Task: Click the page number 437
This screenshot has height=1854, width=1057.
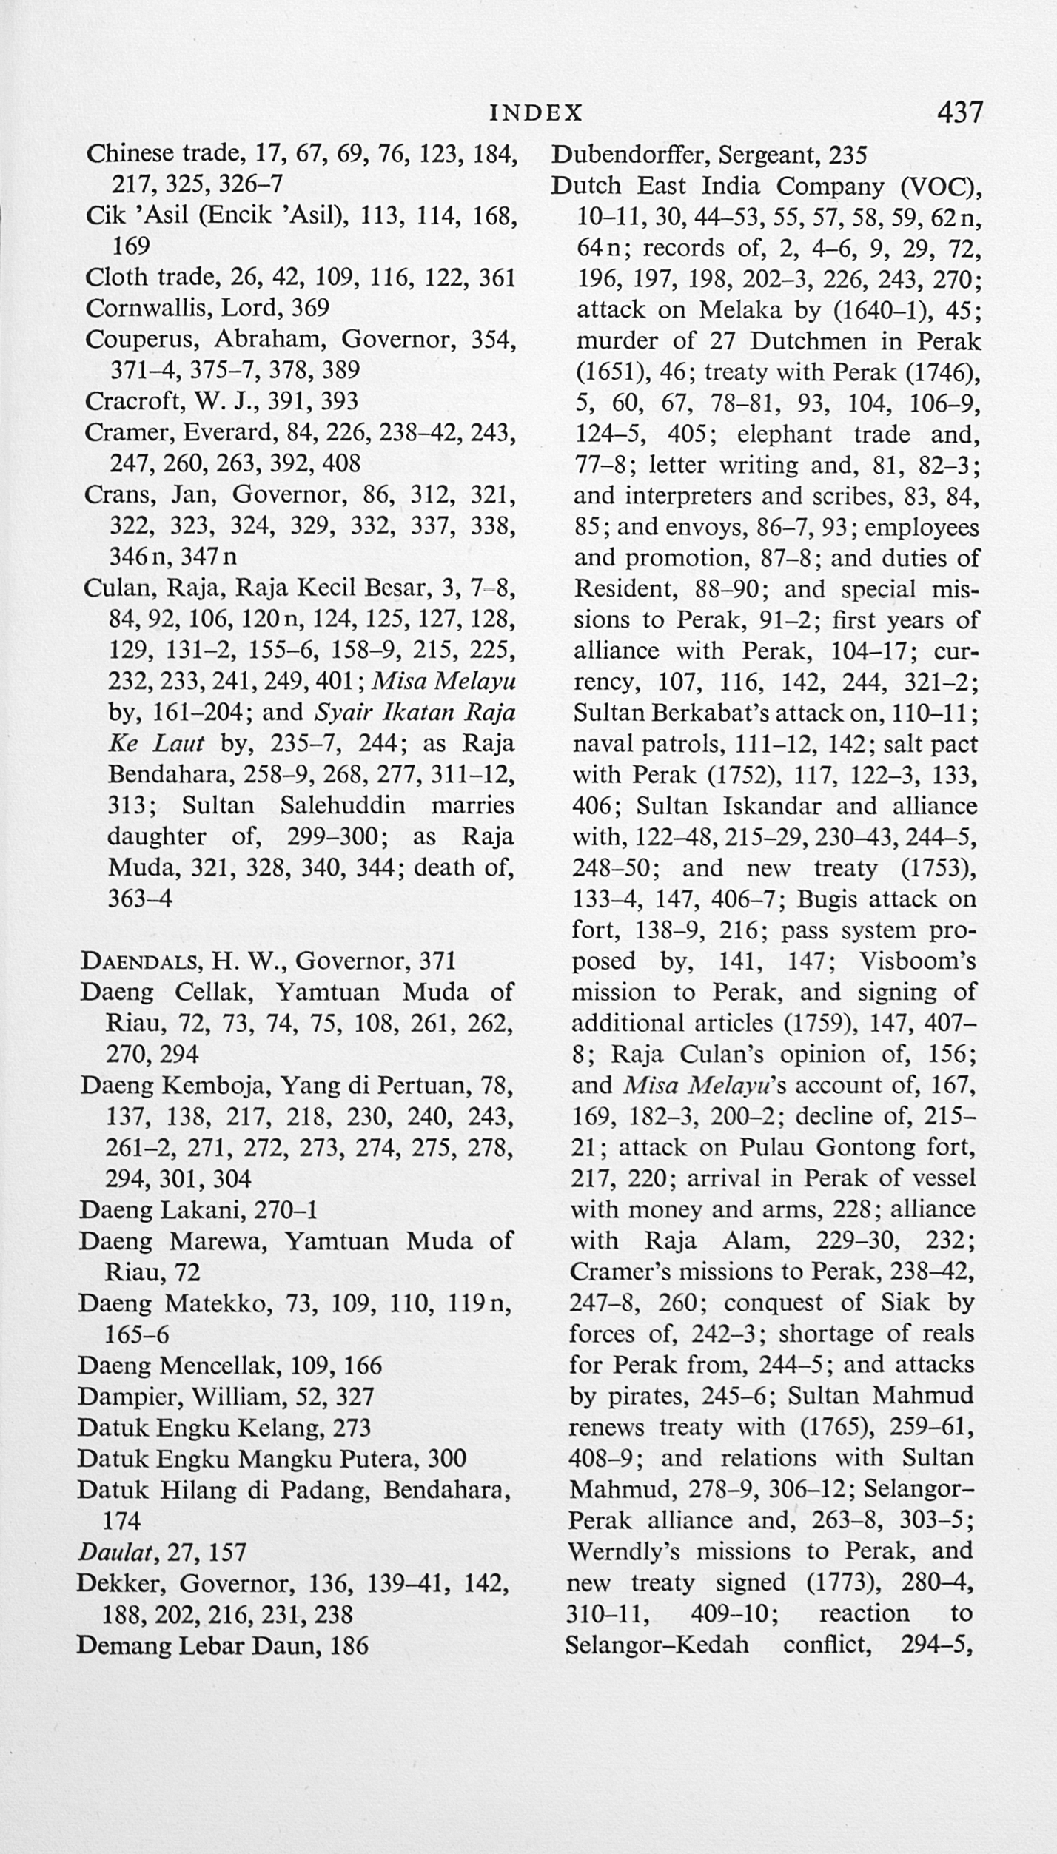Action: [959, 112]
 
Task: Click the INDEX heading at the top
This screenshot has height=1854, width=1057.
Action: [537, 112]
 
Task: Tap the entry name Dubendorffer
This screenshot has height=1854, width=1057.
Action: [629, 155]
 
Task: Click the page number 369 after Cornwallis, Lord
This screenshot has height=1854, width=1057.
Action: [311, 307]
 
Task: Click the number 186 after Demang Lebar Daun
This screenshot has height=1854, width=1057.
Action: [349, 1645]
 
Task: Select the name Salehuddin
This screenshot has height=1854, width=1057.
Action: [343, 805]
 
